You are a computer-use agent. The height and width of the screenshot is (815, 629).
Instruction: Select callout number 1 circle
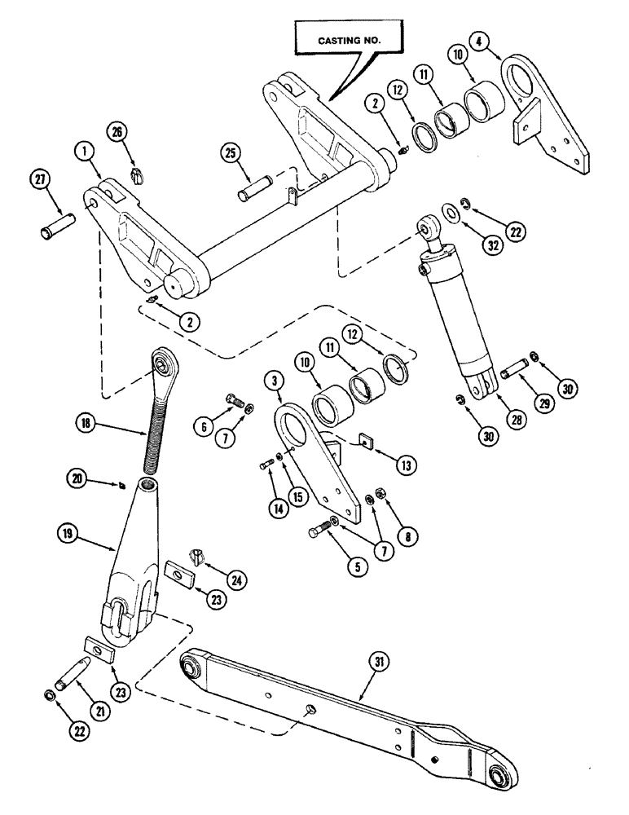click(x=84, y=150)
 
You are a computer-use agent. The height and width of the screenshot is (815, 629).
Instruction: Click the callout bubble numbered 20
click(x=78, y=481)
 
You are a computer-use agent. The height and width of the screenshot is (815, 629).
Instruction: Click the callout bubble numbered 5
click(x=355, y=564)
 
